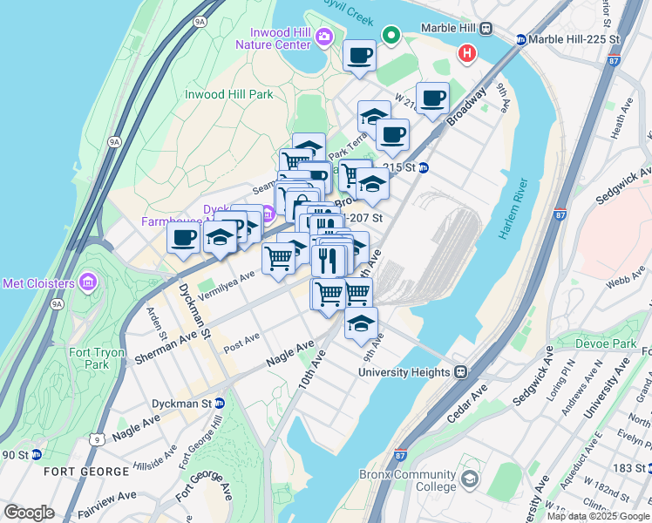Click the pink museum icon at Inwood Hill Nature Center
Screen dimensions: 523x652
pos(325,36)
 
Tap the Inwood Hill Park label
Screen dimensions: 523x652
pos(228,94)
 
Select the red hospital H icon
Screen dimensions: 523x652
pos(468,54)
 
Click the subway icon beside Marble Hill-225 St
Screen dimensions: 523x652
pos(521,39)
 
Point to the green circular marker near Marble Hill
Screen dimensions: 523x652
pos(392,36)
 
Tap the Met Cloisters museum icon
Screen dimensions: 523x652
pos(86,282)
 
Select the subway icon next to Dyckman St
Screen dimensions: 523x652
pos(221,404)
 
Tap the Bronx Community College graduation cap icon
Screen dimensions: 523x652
pos(470,479)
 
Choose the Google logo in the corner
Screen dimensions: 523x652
pos(29,513)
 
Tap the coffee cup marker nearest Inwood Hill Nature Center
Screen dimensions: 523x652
pos(359,57)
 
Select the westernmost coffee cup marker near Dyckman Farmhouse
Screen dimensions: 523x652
pos(183,238)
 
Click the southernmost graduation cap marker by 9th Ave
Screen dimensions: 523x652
pos(361,323)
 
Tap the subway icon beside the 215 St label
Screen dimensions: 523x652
pos(424,167)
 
